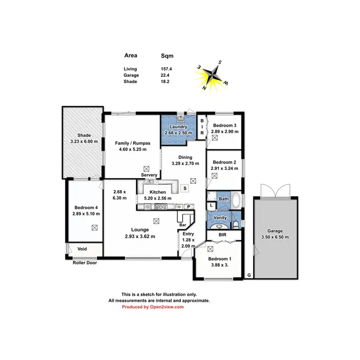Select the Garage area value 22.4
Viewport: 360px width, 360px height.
click(167, 75)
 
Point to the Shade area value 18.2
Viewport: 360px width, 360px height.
click(167, 82)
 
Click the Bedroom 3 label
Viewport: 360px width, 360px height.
click(224, 125)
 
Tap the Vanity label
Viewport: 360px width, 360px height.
click(220, 217)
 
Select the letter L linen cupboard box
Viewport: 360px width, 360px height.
click(212, 205)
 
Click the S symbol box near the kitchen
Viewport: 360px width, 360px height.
click(184, 189)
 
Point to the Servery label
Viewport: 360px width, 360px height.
click(149, 175)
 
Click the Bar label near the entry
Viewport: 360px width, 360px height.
click(182, 225)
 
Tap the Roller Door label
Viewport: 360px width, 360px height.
click(85, 263)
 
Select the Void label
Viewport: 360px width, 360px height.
click(82, 249)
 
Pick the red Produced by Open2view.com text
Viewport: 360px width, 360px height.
click(153, 307)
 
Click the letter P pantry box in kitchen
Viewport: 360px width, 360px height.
click(189, 207)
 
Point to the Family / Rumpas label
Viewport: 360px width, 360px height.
click(132, 143)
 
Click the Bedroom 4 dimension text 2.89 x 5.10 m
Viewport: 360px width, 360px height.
click(84, 214)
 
